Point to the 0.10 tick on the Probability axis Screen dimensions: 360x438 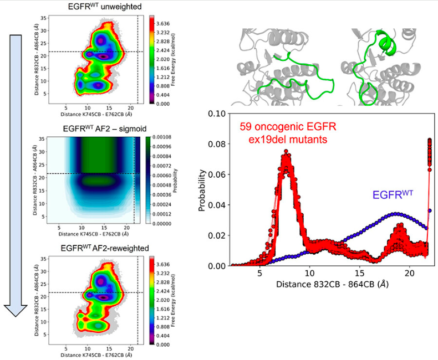217,114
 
